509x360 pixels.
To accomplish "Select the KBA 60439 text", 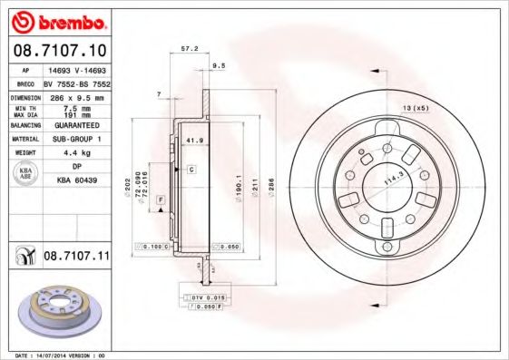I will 76,180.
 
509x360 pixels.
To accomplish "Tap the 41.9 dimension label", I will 193,141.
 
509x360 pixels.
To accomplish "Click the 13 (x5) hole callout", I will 416,108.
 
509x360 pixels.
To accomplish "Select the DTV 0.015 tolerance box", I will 207,297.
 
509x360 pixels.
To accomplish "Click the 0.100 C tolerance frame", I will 154,246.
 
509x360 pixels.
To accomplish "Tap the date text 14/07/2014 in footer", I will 58,355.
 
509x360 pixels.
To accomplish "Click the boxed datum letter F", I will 160,199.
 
